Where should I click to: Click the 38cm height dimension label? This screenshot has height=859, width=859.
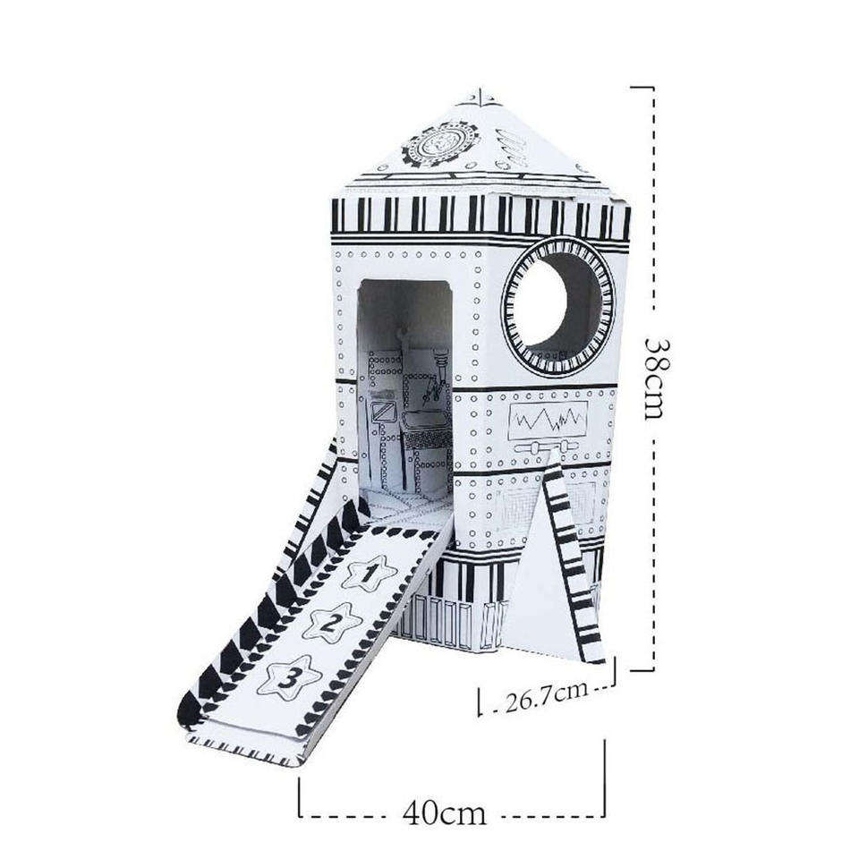pyautogui.click(x=659, y=378)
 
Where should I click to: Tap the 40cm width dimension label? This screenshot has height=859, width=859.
pyautogui.click(x=445, y=813)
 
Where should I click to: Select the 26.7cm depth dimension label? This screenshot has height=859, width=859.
pyautogui.click(x=546, y=696)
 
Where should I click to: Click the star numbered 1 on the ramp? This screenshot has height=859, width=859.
pyautogui.click(x=370, y=573)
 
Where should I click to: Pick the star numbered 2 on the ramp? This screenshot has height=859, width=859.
pyautogui.click(x=332, y=622)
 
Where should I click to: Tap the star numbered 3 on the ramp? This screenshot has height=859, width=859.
pyautogui.click(x=289, y=680)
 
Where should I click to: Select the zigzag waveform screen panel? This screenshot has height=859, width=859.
pyautogui.click(x=548, y=421)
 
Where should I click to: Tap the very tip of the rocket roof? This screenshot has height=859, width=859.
pyautogui.click(x=481, y=88)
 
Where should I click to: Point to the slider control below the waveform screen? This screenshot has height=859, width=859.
pyautogui.click(x=546, y=447)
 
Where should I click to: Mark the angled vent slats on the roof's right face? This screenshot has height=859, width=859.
pyautogui.click(x=511, y=147)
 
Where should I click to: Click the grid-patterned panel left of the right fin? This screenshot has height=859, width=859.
pyautogui.click(x=516, y=513)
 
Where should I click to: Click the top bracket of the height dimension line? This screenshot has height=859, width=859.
pyautogui.click(x=643, y=87)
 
